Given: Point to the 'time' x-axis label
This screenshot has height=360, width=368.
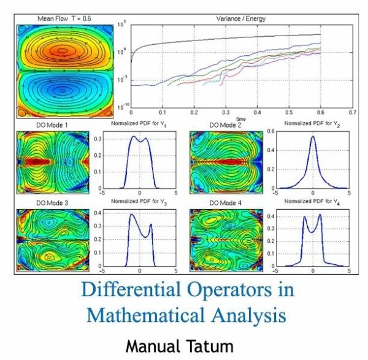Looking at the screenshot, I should [x=241, y=118].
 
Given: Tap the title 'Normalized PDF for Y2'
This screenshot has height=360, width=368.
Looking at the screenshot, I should [x=313, y=126].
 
